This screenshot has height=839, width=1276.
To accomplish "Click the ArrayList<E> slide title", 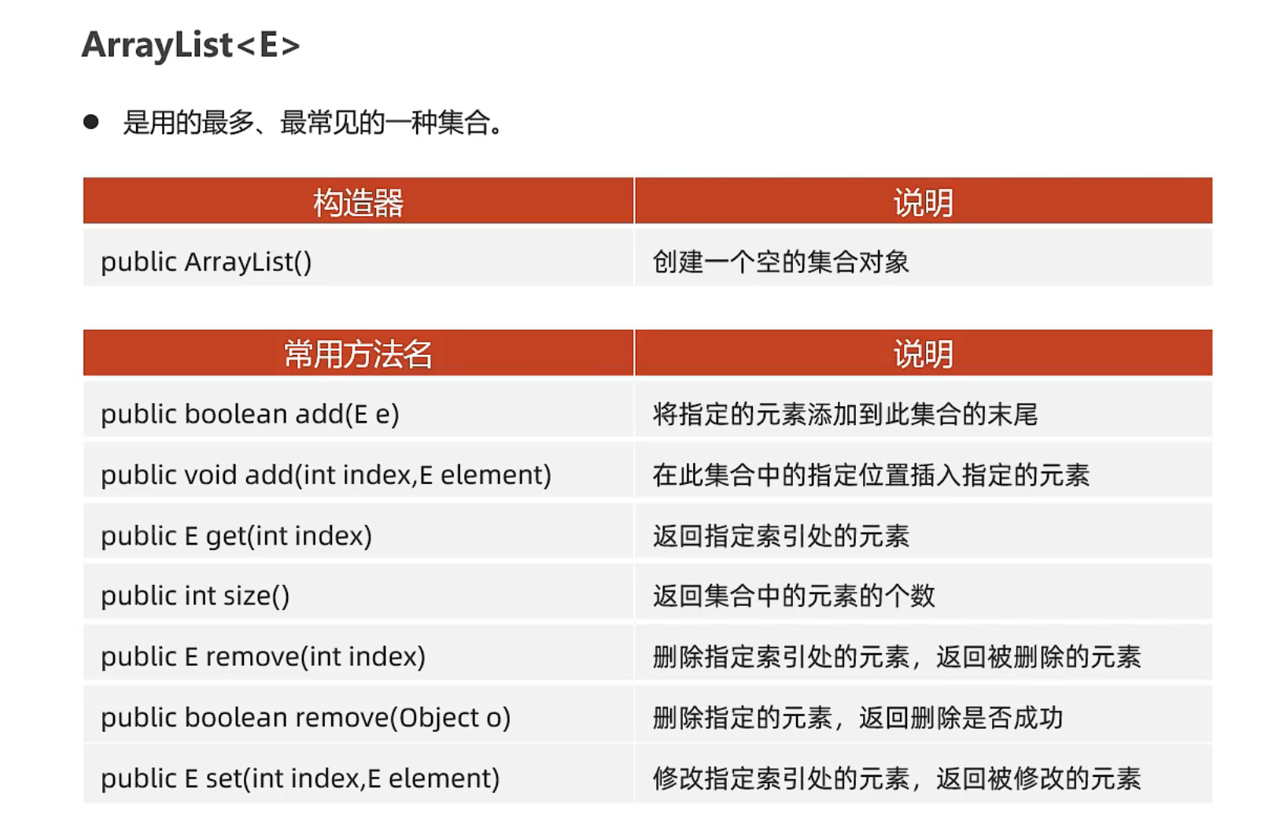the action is (x=191, y=46).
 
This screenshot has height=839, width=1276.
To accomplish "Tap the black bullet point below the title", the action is (x=90, y=122).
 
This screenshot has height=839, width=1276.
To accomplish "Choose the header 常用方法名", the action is (x=358, y=354).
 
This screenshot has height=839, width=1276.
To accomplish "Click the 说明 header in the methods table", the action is (x=924, y=354).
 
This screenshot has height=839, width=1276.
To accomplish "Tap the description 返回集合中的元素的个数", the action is (x=794, y=596).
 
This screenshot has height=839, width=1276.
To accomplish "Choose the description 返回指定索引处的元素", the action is (x=781, y=536).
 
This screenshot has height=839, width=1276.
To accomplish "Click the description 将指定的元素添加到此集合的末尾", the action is (x=846, y=414).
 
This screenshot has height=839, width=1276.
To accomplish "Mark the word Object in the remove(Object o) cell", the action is (x=439, y=718).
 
